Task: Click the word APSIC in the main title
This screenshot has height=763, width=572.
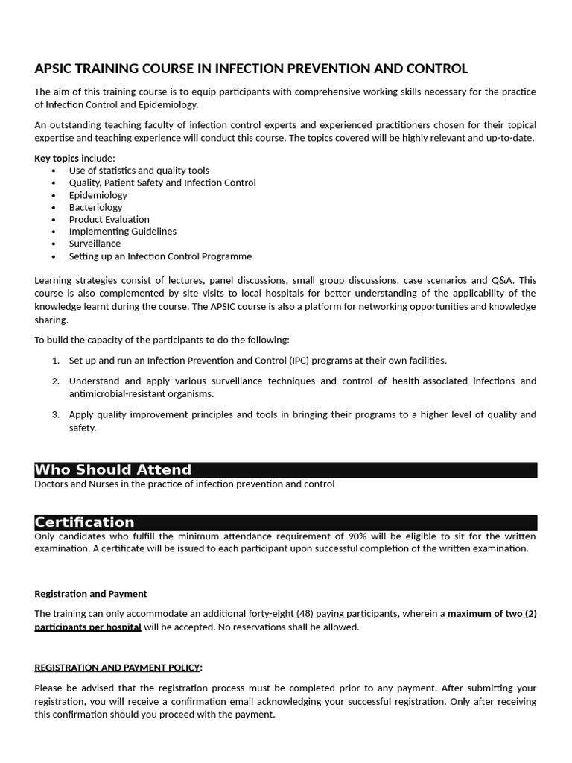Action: coord(56,69)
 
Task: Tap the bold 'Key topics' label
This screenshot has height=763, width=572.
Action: coord(57,158)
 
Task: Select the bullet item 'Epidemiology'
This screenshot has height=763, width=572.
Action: coord(98,194)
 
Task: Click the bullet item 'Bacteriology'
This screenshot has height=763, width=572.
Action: coord(95,207)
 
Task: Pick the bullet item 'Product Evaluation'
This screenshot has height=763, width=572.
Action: coord(109,219)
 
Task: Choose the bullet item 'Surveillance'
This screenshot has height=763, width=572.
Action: coord(95,244)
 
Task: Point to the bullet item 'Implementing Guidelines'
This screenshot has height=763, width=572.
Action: coord(122,232)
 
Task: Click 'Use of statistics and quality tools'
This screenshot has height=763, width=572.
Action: coord(139,170)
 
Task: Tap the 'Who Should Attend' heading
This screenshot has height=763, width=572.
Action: coord(113,469)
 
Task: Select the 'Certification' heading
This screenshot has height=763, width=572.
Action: coord(85,522)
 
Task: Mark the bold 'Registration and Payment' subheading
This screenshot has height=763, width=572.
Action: coord(91,594)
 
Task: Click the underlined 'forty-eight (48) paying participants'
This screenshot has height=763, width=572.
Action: coord(323,614)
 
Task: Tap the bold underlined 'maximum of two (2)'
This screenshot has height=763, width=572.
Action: coord(492,614)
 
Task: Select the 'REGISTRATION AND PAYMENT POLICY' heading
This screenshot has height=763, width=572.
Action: coord(117,668)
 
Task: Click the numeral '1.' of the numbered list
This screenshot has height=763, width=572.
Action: coord(56,361)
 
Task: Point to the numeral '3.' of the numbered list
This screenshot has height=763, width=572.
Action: coord(56,414)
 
